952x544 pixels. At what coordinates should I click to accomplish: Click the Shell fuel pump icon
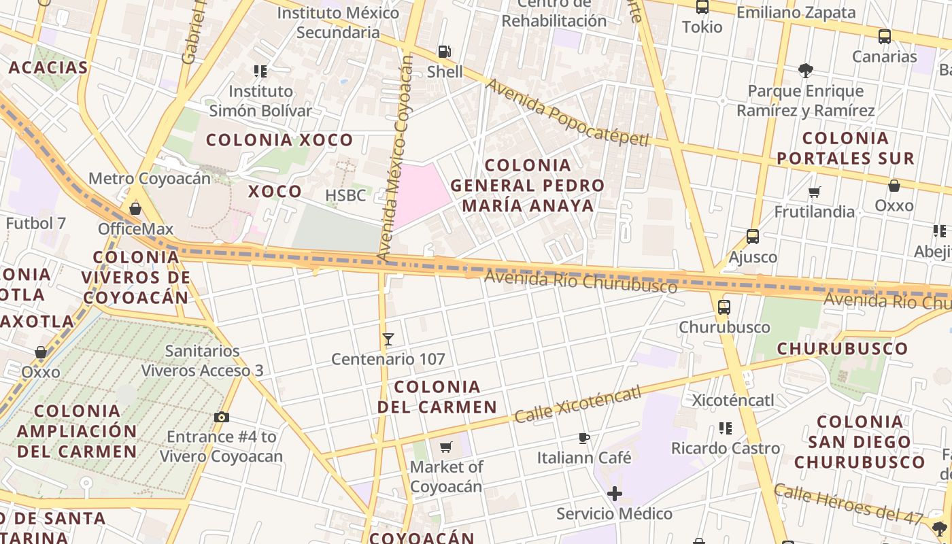444,51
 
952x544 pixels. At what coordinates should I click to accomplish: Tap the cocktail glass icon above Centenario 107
388,339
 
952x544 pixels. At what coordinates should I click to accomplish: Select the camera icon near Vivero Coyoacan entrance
221,417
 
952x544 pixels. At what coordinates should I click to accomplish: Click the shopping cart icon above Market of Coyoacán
446,447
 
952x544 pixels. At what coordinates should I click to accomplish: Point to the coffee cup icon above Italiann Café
583,437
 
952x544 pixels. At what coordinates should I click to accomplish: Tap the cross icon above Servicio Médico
615,493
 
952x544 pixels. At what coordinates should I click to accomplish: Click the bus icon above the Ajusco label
753,237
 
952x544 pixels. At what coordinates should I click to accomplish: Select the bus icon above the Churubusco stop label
724,307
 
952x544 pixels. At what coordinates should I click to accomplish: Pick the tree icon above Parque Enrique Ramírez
806,70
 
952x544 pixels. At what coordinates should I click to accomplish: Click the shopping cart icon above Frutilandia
815,192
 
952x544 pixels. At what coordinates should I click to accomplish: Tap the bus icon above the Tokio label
702,7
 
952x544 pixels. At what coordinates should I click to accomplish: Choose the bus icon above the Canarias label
885,37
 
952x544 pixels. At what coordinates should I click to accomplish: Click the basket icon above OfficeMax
135,209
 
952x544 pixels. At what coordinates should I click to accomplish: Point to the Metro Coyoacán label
150,179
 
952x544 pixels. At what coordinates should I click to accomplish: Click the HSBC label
345,196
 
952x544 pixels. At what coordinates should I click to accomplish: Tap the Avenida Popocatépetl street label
568,114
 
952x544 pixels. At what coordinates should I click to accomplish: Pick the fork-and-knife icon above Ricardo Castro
726,428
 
